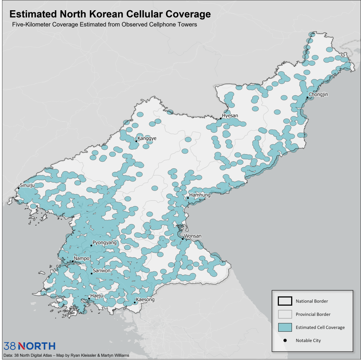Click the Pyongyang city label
(104, 243)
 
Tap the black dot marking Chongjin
(307, 97)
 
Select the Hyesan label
(230, 116)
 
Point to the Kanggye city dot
(136, 141)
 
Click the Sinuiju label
(27, 185)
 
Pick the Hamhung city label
(200, 195)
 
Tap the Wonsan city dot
(183, 239)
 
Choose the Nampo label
(81, 258)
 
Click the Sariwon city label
(102, 271)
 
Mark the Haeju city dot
(89, 299)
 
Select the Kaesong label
(145, 300)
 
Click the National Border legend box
(285, 301)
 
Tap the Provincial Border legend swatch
(285, 314)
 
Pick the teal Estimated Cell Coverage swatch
(285, 327)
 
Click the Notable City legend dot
(285, 340)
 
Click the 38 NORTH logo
(29, 346)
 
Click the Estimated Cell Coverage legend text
(320, 327)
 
